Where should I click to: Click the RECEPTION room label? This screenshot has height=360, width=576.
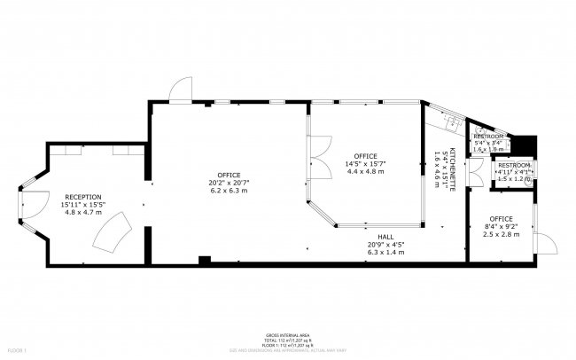click(82, 196)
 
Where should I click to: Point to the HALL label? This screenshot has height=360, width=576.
click(385, 236)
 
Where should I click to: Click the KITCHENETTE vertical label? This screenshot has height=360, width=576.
click(452, 168)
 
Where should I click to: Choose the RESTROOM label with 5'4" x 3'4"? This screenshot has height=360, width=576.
click(488, 136)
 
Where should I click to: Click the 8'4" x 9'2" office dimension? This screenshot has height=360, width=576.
click(502, 228)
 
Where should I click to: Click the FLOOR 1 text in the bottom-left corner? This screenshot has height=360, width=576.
click(19, 351)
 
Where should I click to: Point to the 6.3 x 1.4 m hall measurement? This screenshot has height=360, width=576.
click(385, 252)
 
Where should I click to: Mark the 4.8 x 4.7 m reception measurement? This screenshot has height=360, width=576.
click(82, 213)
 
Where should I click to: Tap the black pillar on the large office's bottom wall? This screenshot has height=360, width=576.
click(205, 260)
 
